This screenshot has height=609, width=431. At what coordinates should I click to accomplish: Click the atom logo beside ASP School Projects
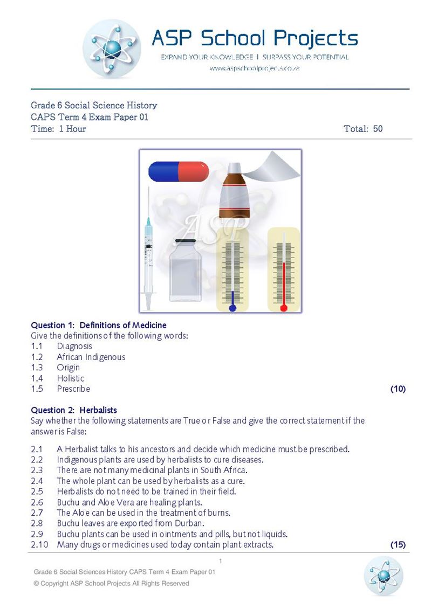112,49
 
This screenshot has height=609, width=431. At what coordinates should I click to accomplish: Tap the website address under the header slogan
254,68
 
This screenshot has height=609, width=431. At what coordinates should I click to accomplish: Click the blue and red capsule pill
179,171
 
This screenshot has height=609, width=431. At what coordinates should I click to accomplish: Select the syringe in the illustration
148,248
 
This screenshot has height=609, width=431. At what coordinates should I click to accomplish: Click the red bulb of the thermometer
284,308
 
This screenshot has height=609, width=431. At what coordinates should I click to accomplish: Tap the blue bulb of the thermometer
232,308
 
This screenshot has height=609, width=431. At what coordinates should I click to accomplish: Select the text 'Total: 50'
362,129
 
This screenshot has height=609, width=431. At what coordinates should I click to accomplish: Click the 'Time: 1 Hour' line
58,129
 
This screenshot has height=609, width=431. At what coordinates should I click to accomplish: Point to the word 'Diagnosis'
74,346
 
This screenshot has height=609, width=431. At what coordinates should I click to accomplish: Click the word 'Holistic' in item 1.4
71,378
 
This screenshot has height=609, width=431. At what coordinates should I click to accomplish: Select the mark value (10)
398,389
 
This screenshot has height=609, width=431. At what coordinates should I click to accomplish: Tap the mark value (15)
398,545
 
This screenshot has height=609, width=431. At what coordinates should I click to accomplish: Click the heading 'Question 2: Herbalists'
74,410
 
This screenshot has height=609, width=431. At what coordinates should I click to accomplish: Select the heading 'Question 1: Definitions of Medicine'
99,325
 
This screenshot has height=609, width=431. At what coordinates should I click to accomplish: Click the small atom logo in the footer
384,576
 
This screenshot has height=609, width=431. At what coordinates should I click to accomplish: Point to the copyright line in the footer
111,583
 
